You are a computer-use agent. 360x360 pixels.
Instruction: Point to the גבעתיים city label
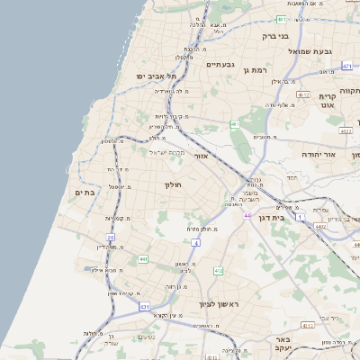[220, 65]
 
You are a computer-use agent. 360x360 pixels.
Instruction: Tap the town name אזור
[200, 156]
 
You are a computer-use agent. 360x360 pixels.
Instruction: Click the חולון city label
[172, 184]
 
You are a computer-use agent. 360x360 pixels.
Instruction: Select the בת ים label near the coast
[85, 192]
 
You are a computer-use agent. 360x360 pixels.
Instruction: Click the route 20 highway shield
[111, 238]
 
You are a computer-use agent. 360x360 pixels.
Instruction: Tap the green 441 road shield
[143, 259]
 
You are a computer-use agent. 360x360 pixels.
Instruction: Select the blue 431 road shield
[145, 307]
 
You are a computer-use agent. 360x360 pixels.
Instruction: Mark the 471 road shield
[346, 67]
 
